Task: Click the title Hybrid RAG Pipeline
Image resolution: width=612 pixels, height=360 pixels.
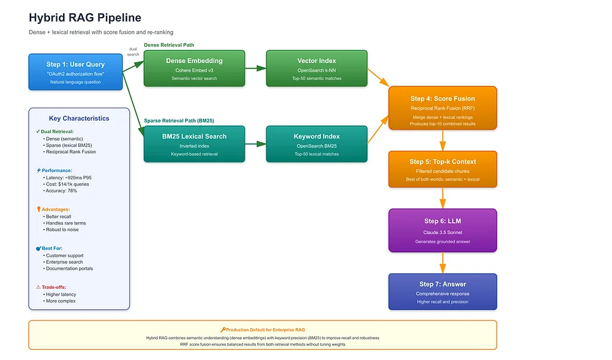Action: click(x=84, y=18)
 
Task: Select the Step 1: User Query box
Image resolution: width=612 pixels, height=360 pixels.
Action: click(x=75, y=72)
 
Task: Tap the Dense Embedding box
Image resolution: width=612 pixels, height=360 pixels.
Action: click(x=195, y=69)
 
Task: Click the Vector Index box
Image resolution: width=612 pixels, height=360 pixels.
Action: click(x=316, y=69)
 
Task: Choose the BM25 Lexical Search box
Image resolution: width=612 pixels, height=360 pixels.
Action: click(x=195, y=144)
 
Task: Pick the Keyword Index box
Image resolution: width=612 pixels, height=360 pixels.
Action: click(x=316, y=144)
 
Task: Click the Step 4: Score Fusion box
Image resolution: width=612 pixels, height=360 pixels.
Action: click(x=442, y=108)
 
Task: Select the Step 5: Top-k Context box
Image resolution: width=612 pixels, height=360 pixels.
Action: click(x=442, y=169)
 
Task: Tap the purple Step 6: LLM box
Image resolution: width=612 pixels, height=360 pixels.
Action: click(x=442, y=230)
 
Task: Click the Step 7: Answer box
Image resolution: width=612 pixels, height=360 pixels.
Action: click(x=442, y=291)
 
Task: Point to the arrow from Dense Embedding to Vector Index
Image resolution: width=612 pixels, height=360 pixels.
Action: click(x=256, y=69)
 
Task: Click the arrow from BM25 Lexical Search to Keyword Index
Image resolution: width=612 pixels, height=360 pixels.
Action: click(x=256, y=144)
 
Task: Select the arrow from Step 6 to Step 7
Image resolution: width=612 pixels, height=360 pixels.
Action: click(x=442, y=263)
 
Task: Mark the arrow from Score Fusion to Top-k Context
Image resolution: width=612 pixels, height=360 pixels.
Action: click(x=442, y=140)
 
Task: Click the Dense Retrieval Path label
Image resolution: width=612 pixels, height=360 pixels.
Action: click(x=169, y=45)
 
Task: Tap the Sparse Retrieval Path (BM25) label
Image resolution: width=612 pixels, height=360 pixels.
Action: click(x=179, y=121)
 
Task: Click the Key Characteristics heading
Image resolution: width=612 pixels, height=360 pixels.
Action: click(x=79, y=118)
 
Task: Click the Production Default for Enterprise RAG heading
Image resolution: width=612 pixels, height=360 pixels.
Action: click(x=263, y=329)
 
